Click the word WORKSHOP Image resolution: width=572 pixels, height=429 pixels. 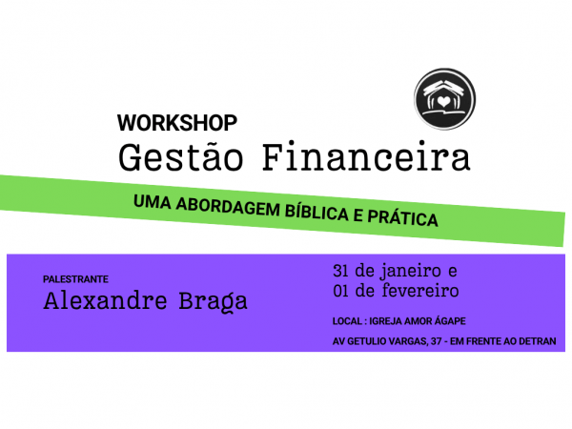point(176,123)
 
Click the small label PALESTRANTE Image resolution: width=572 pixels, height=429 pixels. point(75,279)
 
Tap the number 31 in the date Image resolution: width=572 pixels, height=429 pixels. point(341,268)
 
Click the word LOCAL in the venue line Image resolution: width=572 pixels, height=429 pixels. point(346,320)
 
